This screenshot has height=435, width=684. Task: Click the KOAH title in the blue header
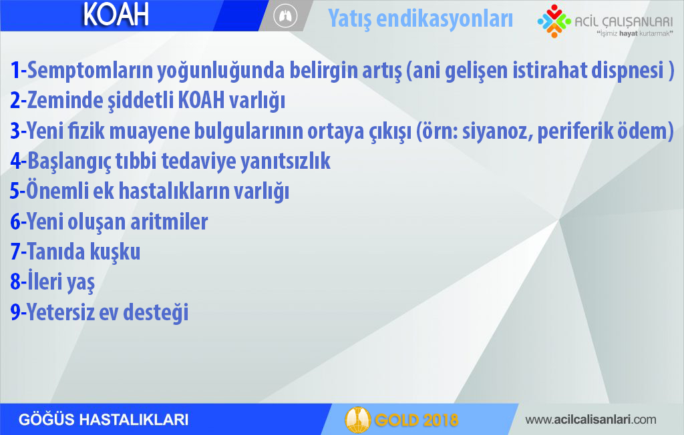click(116, 15)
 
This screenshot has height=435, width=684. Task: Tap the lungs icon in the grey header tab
click(285, 16)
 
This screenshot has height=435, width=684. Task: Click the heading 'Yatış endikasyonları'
click(420, 19)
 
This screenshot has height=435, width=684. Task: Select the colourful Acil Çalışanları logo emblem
click(554, 21)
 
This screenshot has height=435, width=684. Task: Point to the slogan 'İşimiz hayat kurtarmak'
click(635, 33)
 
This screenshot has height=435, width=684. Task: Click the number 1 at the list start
click(15, 70)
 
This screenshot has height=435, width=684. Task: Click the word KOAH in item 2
click(202, 101)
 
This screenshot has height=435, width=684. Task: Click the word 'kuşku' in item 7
click(115, 252)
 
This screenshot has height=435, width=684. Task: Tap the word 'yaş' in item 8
click(81, 283)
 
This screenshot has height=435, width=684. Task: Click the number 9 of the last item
click(15, 312)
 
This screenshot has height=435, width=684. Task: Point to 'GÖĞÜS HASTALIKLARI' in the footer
click(104, 420)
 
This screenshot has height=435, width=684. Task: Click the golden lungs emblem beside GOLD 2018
click(358, 420)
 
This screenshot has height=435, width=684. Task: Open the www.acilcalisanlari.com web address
click(590, 420)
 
